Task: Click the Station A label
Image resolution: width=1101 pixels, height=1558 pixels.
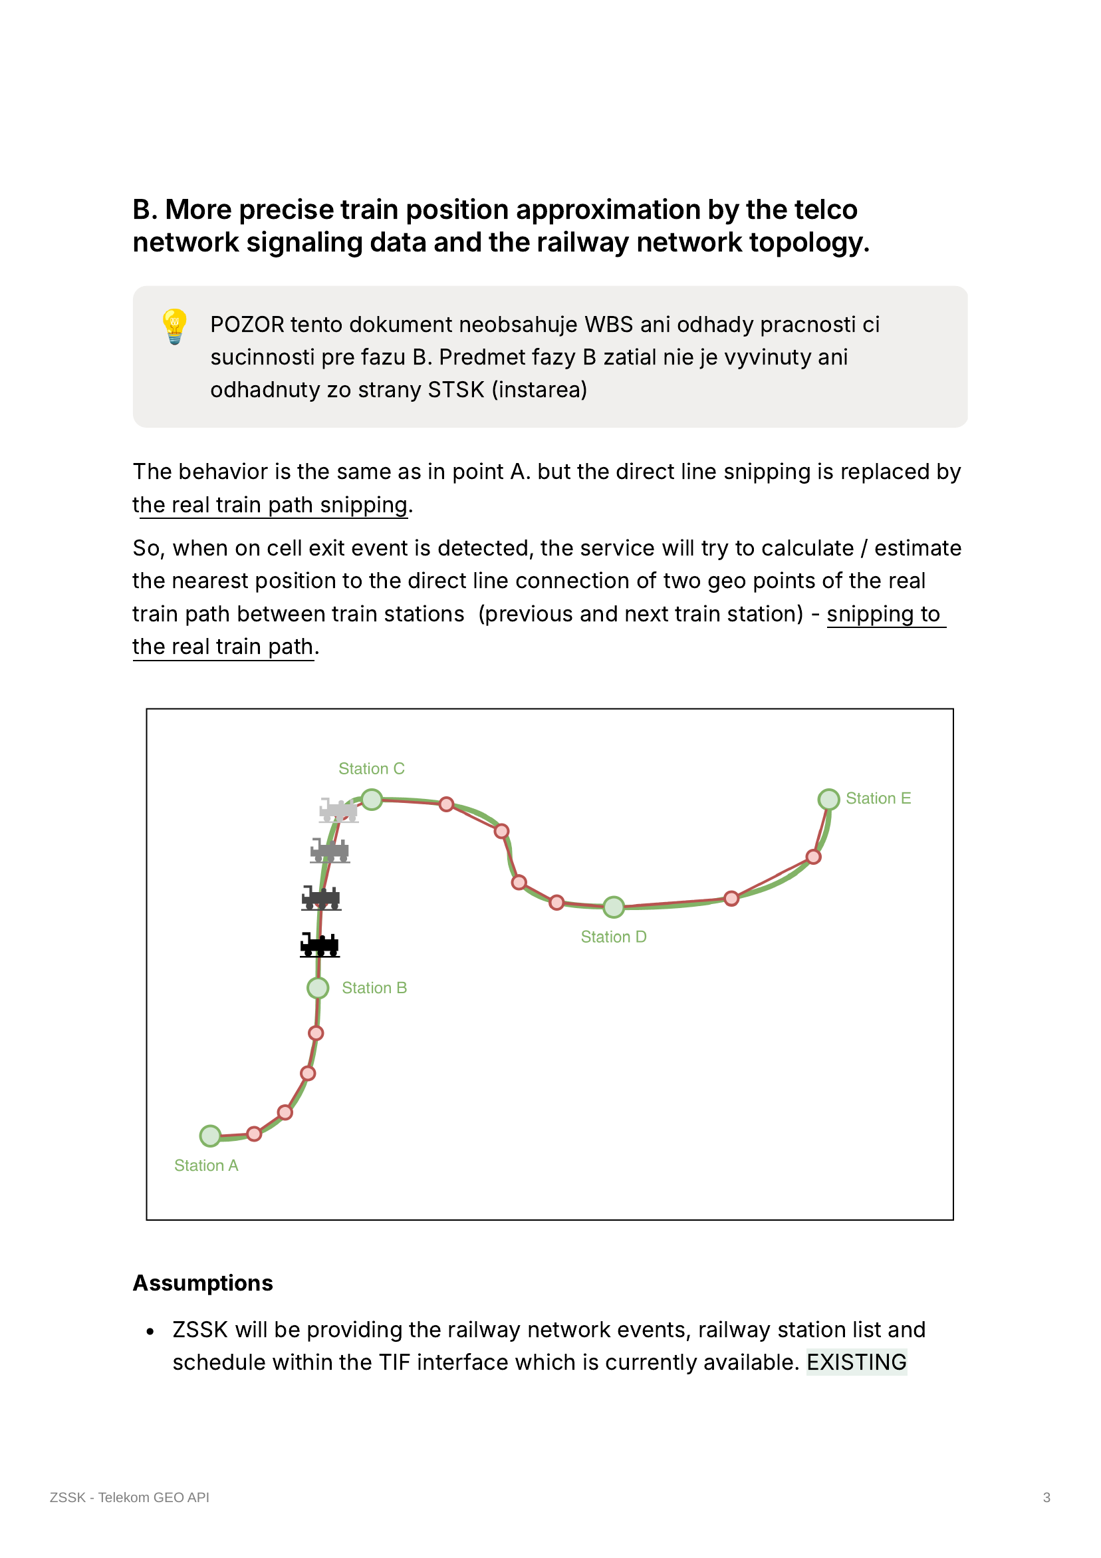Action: tap(206, 1165)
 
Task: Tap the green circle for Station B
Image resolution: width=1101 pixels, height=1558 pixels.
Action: tap(318, 988)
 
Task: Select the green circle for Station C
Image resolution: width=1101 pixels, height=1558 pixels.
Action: tap(372, 800)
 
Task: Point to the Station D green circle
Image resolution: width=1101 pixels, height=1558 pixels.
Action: tap(613, 907)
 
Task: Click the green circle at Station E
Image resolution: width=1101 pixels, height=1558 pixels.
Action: tap(828, 800)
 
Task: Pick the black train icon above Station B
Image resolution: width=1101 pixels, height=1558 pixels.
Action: tap(320, 945)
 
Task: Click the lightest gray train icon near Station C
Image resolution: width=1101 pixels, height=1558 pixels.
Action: tap(338, 810)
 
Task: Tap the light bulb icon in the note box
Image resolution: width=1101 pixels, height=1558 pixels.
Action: tap(175, 327)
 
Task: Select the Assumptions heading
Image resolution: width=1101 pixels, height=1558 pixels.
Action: tap(203, 1283)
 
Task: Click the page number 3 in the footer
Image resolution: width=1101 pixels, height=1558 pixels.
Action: tap(1046, 1497)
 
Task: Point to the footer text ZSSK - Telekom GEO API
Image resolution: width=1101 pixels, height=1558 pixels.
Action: tap(130, 1497)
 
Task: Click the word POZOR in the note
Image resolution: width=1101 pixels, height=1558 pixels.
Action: tap(247, 325)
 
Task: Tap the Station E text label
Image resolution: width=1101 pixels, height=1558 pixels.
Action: tap(878, 798)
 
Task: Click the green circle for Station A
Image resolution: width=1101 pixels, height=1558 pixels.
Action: tap(210, 1136)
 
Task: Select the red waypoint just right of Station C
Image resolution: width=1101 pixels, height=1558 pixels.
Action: tap(446, 804)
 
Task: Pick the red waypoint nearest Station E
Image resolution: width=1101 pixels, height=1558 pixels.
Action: tap(813, 857)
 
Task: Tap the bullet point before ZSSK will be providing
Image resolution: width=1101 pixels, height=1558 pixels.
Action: tap(151, 1330)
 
